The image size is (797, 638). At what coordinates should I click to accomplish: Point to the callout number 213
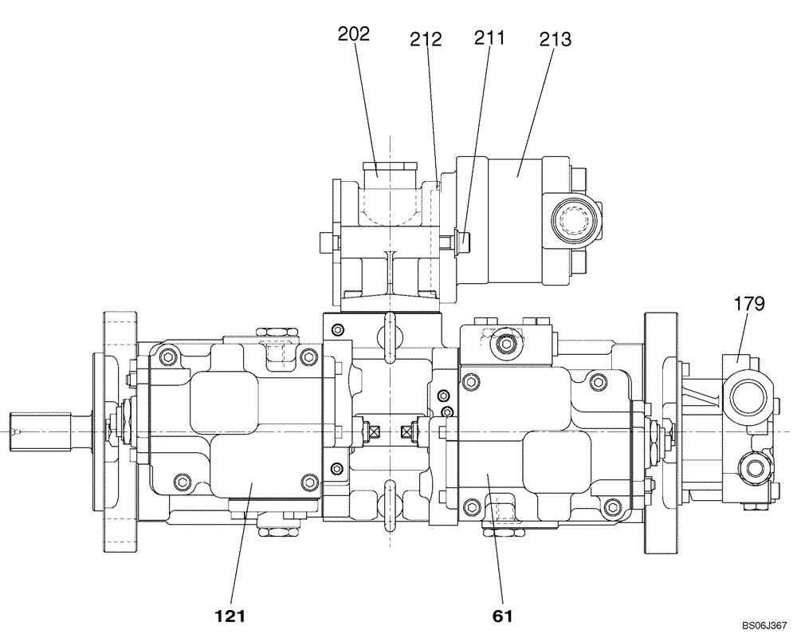(x=556, y=39)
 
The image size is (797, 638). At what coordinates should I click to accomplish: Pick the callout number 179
(x=749, y=303)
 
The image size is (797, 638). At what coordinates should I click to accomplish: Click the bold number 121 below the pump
(x=230, y=616)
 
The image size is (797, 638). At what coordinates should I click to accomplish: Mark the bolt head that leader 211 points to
(x=462, y=238)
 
